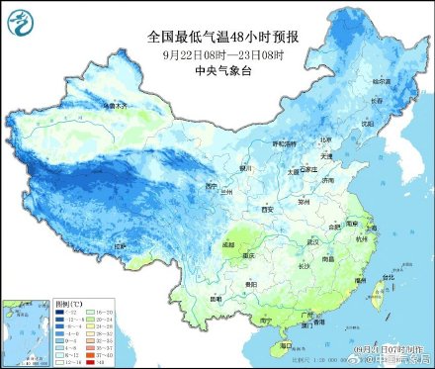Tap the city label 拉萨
(120, 244)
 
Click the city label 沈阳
(368, 124)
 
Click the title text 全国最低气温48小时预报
(222, 37)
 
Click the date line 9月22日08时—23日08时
(222, 53)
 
